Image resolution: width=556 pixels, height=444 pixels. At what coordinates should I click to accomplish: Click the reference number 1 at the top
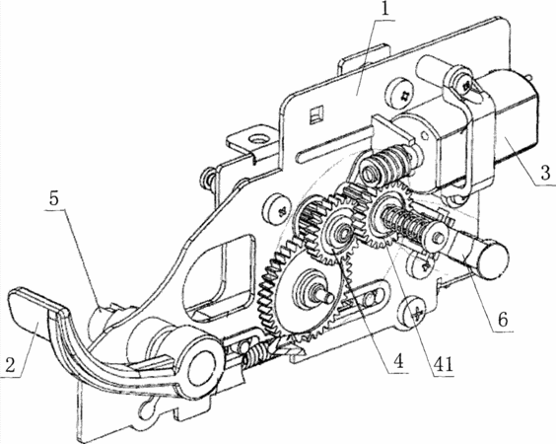(x=384, y=10)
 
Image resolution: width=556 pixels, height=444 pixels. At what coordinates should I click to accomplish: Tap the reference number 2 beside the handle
(x=10, y=364)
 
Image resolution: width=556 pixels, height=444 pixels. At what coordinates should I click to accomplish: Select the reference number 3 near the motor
(x=545, y=173)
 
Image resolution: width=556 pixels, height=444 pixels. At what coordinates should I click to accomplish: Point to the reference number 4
(x=398, y=362)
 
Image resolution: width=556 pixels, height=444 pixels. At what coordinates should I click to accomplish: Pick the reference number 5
(x=53, y=199)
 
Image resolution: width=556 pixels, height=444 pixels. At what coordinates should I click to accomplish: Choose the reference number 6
(x=502, y=319)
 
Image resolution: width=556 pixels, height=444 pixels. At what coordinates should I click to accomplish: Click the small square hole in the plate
(x=316, y=113)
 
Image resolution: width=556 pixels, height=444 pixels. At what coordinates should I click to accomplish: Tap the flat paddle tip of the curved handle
(x=30, y=312)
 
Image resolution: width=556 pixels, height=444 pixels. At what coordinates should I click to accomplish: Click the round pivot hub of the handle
(x=201, y=368)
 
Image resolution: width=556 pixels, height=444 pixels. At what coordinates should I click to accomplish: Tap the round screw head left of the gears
(x=278, y=210)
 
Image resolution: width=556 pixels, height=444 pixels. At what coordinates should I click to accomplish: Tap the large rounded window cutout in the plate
(x=220, y=276)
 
